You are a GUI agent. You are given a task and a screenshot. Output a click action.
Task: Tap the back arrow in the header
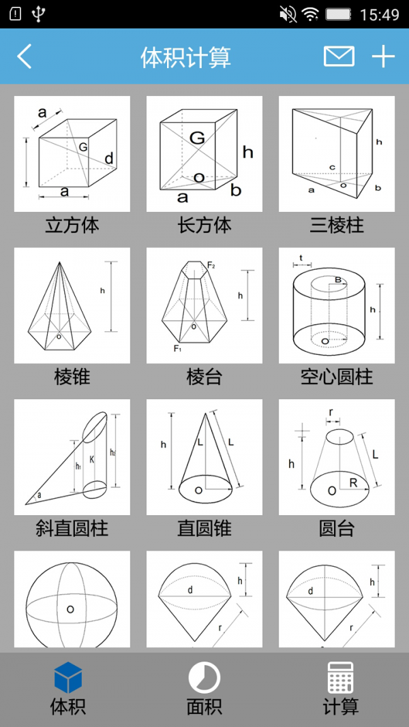coord(25,57)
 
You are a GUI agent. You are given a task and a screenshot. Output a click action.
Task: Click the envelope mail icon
coord(339,57)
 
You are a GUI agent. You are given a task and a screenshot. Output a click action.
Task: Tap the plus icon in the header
coord(383,57)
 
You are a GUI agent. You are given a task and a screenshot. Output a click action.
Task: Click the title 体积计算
coord(185,57)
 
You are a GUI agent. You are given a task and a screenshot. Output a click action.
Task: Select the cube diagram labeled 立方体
coord(72,154)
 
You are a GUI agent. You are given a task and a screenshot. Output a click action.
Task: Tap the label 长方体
coord(204,226)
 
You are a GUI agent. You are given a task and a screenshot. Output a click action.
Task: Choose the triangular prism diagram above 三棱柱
coord(337,154)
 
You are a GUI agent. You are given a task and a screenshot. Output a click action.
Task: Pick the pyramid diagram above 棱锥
coord(72,305)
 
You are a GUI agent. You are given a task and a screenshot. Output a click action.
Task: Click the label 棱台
coord(204,377)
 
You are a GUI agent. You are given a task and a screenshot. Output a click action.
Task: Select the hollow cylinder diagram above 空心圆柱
coord(337,305)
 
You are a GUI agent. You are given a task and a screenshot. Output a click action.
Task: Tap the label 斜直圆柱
coord(72,528)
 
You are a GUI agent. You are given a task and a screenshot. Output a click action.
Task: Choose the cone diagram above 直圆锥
coord(204,457)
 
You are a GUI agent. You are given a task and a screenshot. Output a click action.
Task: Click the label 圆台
coord(337,528)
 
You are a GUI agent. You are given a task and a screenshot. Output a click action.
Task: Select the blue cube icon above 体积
coord(68,677)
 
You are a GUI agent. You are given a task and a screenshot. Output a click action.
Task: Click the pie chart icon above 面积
coord(204,678)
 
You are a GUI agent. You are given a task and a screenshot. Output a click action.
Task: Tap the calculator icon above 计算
coord(340,677)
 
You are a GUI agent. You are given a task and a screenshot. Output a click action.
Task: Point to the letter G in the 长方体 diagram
coord(197,138)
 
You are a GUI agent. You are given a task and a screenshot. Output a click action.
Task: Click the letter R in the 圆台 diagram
coord(354,483)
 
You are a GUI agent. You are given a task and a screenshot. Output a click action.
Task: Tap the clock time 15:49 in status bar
coord(379,14)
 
